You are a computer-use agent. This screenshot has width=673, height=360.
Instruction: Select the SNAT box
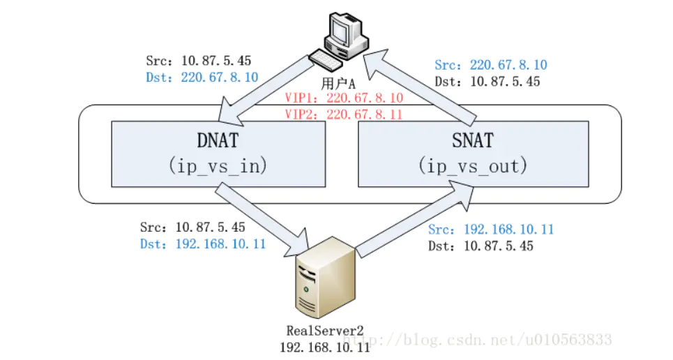[473, 153]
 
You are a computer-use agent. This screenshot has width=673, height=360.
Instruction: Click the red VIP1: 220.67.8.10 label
[343, 98]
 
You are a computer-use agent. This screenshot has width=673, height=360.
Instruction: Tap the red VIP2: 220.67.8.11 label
[343, 114]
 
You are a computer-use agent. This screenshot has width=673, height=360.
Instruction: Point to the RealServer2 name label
[325, 329]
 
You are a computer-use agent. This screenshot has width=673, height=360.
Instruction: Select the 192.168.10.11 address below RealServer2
[325, 346]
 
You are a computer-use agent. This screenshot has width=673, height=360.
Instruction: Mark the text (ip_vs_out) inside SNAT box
[473, 167]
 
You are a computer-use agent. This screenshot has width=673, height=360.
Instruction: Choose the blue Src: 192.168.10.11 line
[491, 230]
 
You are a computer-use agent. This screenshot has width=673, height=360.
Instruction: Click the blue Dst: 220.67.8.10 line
[202, 77]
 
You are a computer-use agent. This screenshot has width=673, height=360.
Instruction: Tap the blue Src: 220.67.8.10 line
[491, 65]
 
